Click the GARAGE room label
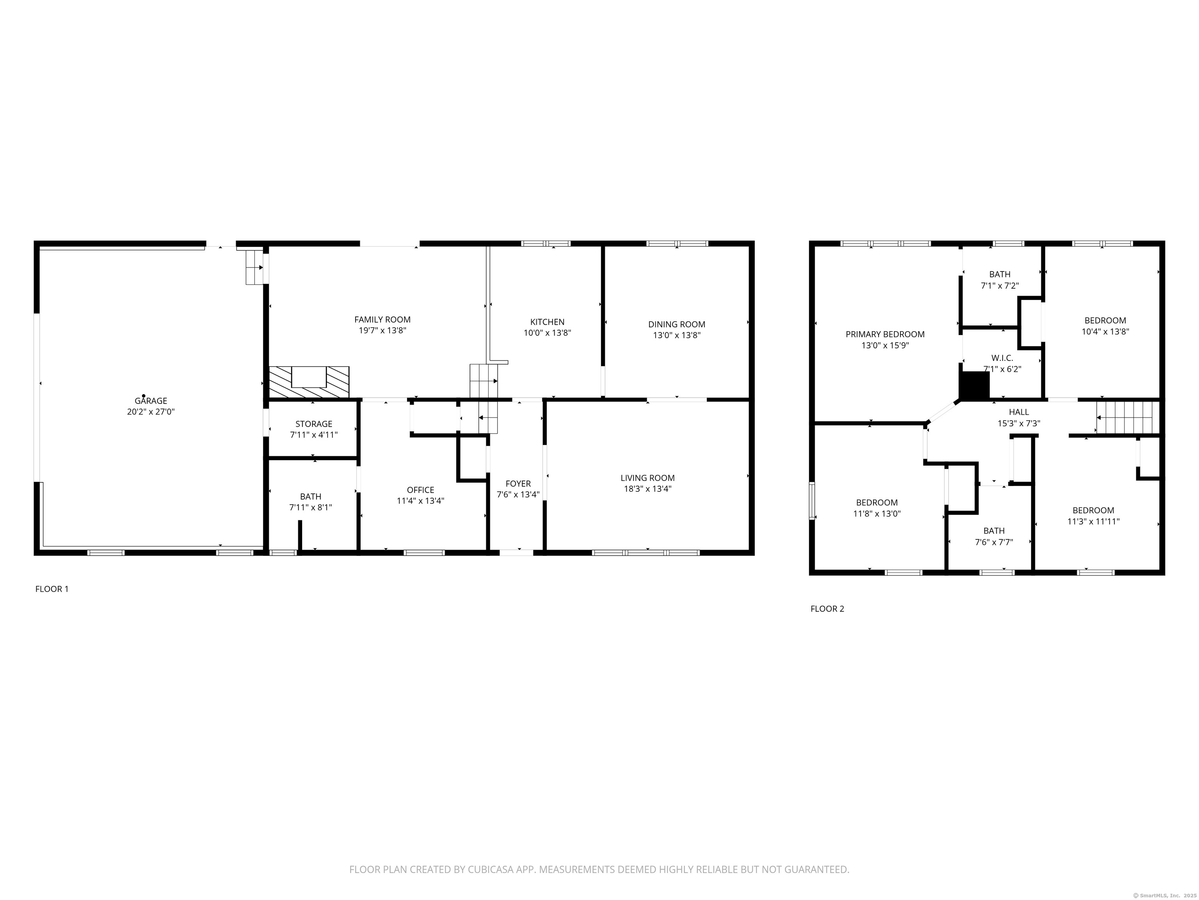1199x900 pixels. pos(151,401)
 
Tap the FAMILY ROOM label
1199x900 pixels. pos(382,320)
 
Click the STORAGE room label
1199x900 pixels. pos(313,424)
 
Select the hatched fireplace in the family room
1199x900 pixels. pos(309,382)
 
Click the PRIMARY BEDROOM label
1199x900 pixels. pos(885,334)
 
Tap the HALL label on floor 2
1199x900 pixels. pos(1019,412)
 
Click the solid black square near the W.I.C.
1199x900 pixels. pos(975,386)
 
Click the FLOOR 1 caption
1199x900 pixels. pos(52,589)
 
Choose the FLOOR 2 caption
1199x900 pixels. pos(827,609)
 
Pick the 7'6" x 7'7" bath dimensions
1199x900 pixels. pos(994,542)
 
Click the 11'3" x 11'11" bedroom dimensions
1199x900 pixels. pos(1093,521)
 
